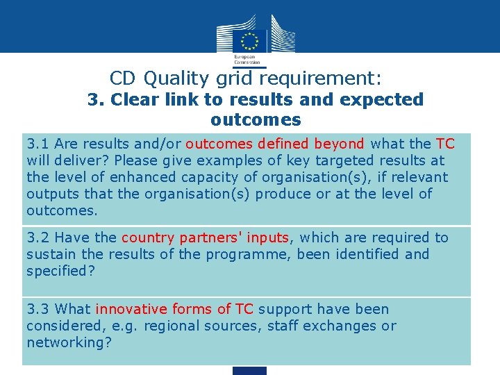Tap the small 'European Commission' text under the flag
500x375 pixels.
244,59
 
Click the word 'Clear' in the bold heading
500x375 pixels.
135,99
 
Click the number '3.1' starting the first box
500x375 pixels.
37,144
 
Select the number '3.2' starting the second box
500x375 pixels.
37,237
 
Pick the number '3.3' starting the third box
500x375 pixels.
37,309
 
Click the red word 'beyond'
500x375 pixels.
339,144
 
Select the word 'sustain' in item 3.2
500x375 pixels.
50,254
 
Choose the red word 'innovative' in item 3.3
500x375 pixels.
128,309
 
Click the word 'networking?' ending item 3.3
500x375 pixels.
69,342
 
